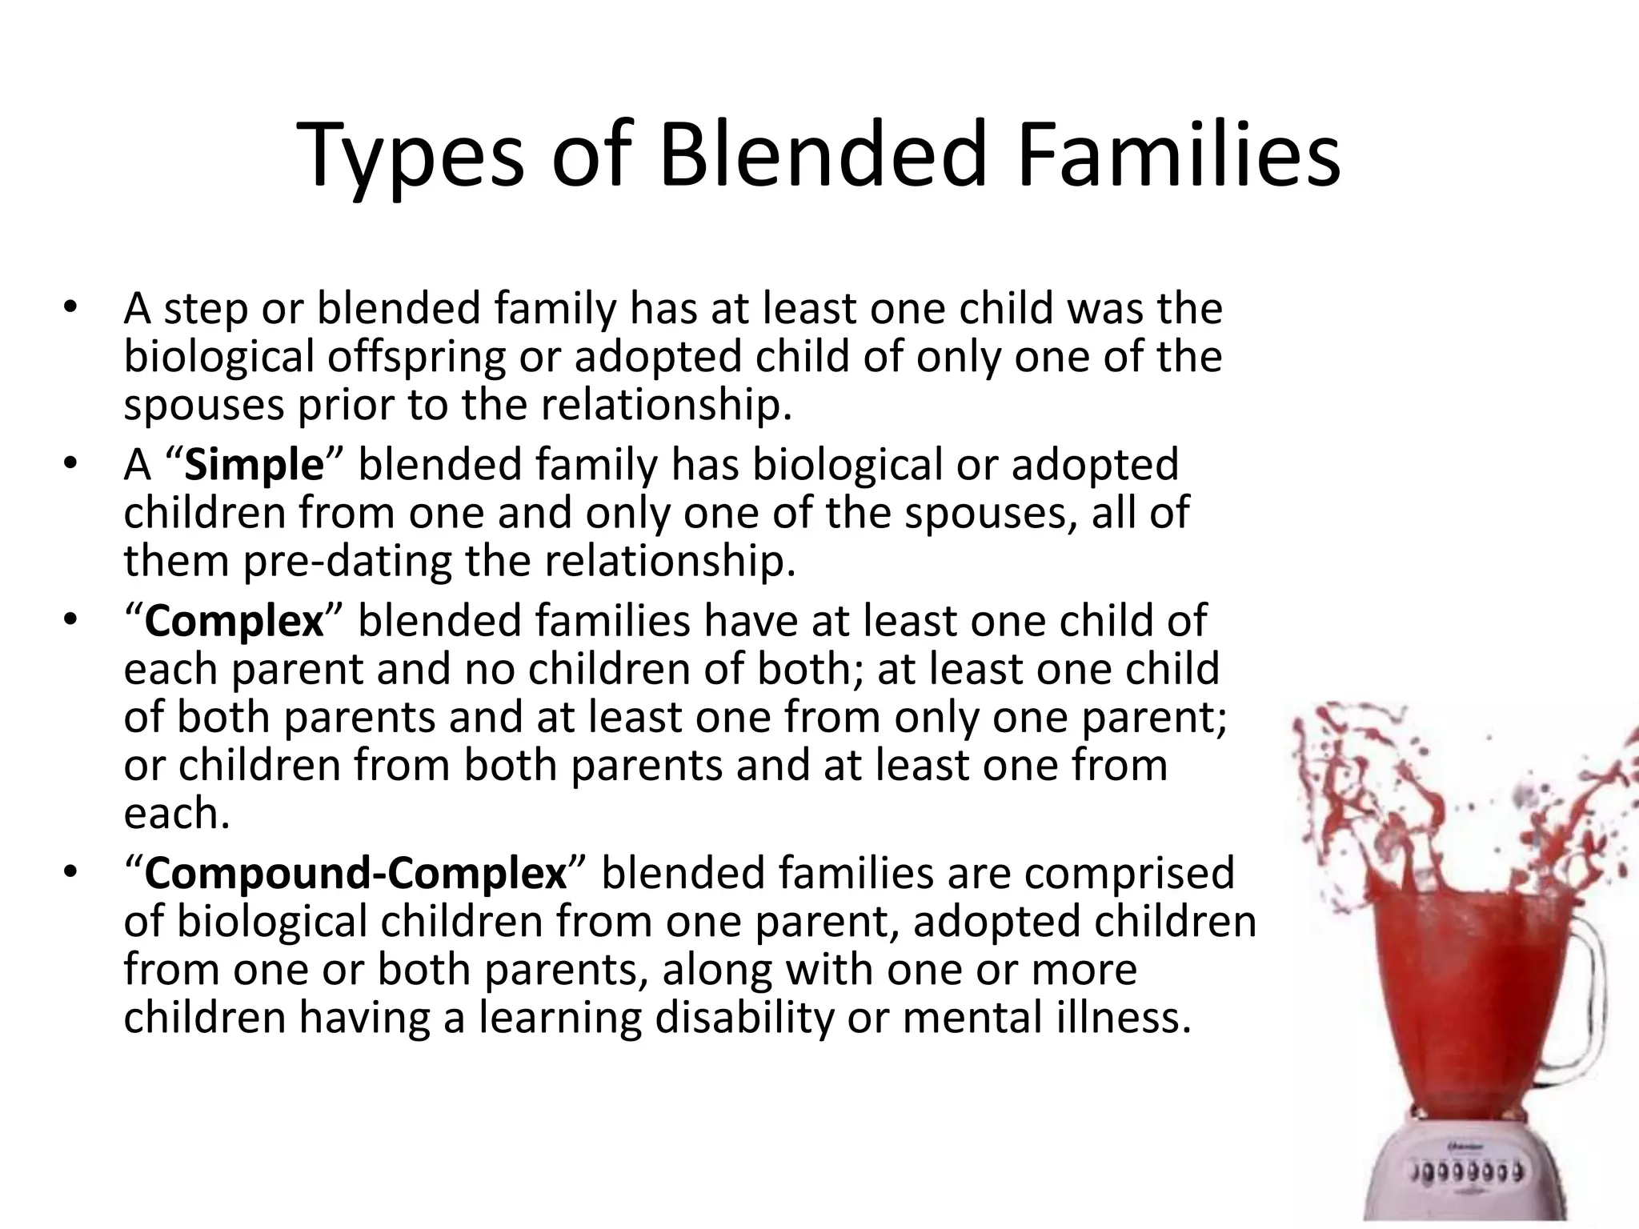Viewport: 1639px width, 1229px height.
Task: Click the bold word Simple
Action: pyautogui.click(x=254, y=465)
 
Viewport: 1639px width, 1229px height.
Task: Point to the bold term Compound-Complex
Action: pyautogui.click(x=355, y=873)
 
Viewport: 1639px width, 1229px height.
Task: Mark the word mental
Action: pyautogui.click(x=968, y=1018)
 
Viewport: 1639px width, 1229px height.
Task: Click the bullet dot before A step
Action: pyautogui.click(x=70, y=308)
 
